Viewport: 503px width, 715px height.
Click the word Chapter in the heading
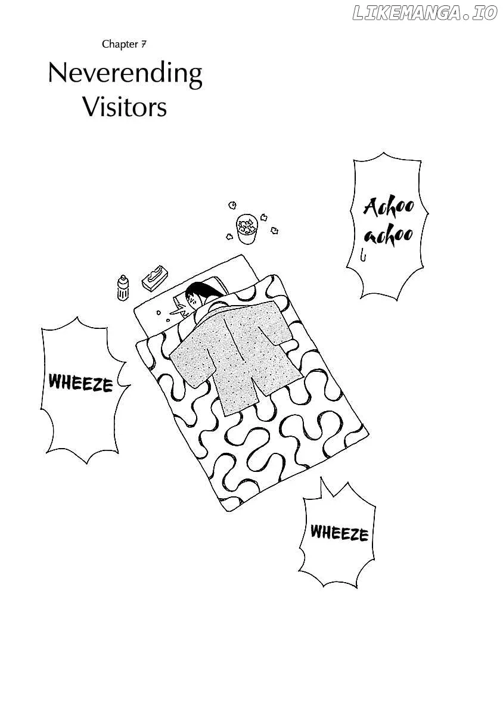pos(120,44)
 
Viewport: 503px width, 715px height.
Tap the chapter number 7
pos(144,44)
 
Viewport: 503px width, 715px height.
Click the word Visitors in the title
pos(125,107)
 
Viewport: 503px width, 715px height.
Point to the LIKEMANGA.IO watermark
pos(425,14)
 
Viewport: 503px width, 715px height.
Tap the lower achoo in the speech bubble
pos(389,235)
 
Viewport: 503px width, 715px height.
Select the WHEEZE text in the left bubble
pos(80,383)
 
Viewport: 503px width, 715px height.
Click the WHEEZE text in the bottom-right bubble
pos(339,533)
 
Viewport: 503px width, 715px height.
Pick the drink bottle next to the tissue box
pos(123,288)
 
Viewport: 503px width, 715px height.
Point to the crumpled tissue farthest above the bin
pos(232,204)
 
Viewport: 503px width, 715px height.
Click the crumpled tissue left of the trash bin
pos(229,237)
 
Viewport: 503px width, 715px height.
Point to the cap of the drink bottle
pos(123,278)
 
